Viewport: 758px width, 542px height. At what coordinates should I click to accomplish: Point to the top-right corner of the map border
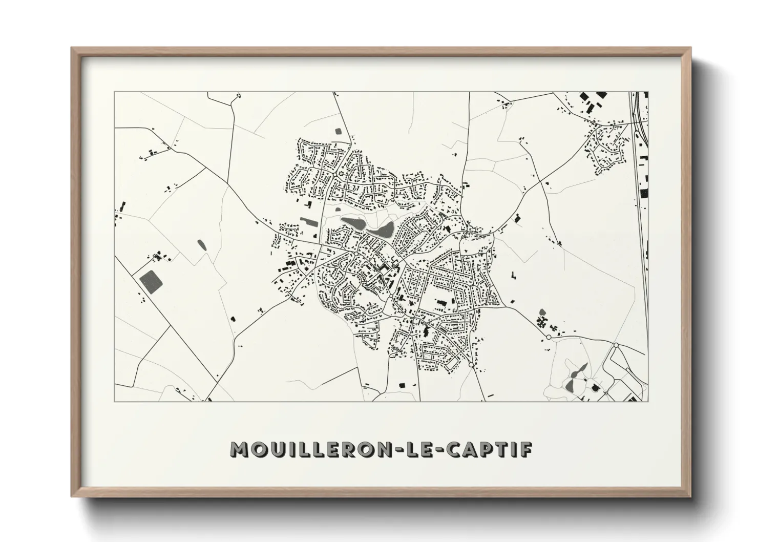tap(648, 92)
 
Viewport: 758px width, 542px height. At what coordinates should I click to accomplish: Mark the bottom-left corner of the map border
tap(114, 401)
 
